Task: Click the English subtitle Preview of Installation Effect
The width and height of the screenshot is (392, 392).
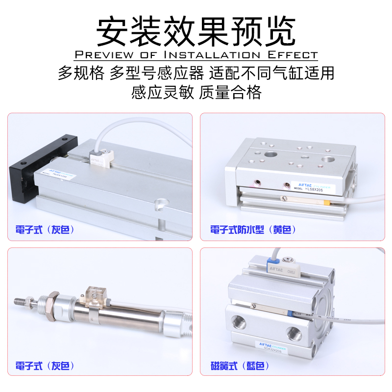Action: (x=196, y=54)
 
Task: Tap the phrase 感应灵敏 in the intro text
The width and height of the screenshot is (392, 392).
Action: (x=162, y=92)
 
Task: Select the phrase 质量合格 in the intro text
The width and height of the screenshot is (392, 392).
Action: (x=230, y=92)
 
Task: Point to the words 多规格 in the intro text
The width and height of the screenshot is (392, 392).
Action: (x=81, y=73)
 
